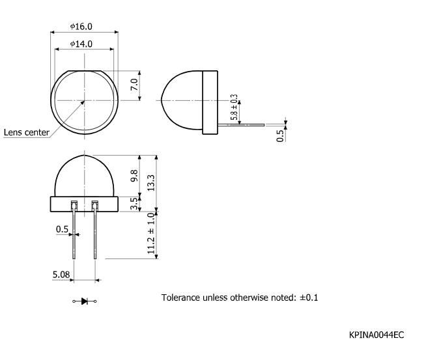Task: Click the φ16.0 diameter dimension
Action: coord(81,27)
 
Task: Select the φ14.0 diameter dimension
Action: coord(81,44)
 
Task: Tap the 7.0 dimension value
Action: coord(134,85)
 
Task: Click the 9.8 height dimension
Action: coord(134,176)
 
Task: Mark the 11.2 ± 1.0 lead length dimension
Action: coord(151,233)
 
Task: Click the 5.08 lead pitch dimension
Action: coord(61,275)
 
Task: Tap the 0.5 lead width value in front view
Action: coord(62,229)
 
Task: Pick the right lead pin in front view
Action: coord(95,234)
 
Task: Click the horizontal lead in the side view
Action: coord(241,124)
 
